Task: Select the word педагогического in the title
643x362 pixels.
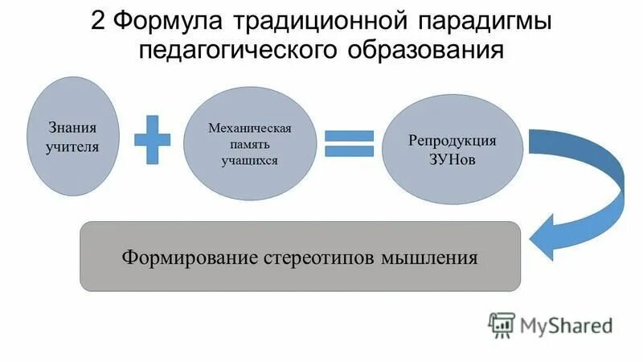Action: coord(240,50)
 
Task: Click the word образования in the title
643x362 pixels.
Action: coord(426,50)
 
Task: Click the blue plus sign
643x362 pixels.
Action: coord(152,138)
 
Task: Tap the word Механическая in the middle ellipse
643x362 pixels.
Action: coord(249,129)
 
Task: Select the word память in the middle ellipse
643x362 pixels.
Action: coord(249,145)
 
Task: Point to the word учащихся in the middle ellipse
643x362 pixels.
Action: coord(249,160)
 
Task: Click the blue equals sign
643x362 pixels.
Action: coord(349,143)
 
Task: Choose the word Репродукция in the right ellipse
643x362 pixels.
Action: coord(453,140)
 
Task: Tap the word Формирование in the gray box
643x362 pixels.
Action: coord(190,258)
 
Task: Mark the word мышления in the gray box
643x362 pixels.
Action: coord(432,258)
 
